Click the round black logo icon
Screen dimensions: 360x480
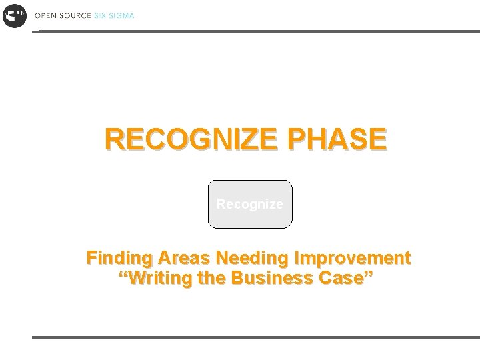(14, 15)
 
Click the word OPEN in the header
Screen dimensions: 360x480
(45, 15)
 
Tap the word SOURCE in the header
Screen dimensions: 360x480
(74, 15)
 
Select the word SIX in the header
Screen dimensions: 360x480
(99, 15)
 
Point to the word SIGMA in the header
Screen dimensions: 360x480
(121, 15)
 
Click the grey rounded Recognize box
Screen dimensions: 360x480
(250, 204)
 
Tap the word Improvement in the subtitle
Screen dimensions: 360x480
(353, 258)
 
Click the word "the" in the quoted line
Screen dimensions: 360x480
(212, 278)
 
